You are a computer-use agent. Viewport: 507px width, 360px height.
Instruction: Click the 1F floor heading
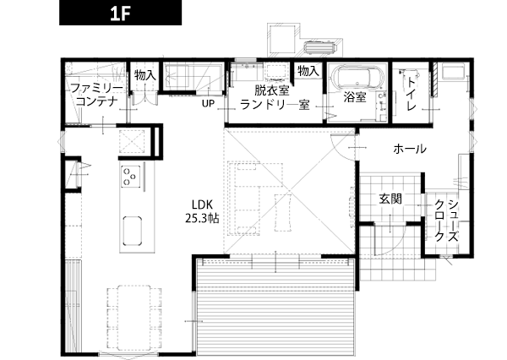point(120,13)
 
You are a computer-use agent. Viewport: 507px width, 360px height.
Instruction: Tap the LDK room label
point(202,205)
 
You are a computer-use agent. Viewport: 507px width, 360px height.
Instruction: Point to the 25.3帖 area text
point(202,219)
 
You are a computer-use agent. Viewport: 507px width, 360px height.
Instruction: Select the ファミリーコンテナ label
point(96,95)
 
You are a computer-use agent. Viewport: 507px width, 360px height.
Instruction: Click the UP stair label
point(208,103)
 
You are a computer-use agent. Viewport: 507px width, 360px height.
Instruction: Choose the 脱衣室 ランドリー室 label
point(275,98)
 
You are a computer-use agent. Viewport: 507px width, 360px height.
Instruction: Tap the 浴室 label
point(355,96)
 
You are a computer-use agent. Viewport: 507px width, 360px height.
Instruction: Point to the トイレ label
point(411,94)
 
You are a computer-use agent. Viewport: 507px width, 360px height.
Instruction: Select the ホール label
point(410,149)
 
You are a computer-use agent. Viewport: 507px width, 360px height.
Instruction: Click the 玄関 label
point(390,199)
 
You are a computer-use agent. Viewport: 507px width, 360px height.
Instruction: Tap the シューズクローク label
point(446,221)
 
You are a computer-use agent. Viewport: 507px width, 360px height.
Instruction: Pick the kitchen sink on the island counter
point(133,230)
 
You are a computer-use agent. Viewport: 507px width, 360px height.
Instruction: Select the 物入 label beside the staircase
point(145,75)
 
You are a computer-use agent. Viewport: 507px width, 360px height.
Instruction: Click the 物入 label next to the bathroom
point(308,70)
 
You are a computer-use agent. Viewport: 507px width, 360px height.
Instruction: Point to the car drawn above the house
point(320,47)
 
